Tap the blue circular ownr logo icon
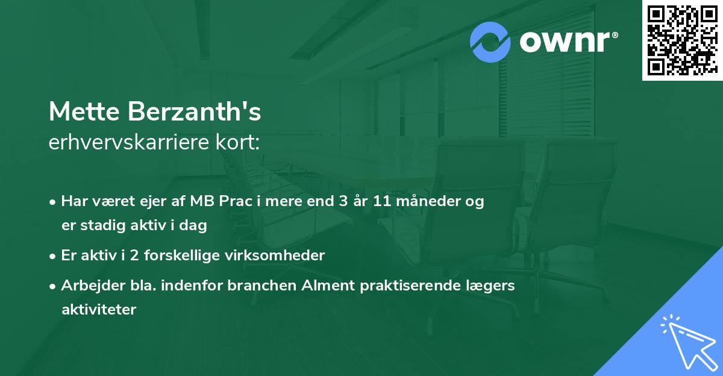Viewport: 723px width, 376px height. pyautogui.click(x=490, y=42)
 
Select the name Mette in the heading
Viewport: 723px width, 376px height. pyautogui.click(x=84, y=112)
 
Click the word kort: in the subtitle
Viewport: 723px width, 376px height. pyautogui.click(x=241, y=142)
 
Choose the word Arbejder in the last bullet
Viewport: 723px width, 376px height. pyautogui.click(x=87, y=286)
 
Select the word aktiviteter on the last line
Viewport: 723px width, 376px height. pyautogui.click(x=99, y=310)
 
